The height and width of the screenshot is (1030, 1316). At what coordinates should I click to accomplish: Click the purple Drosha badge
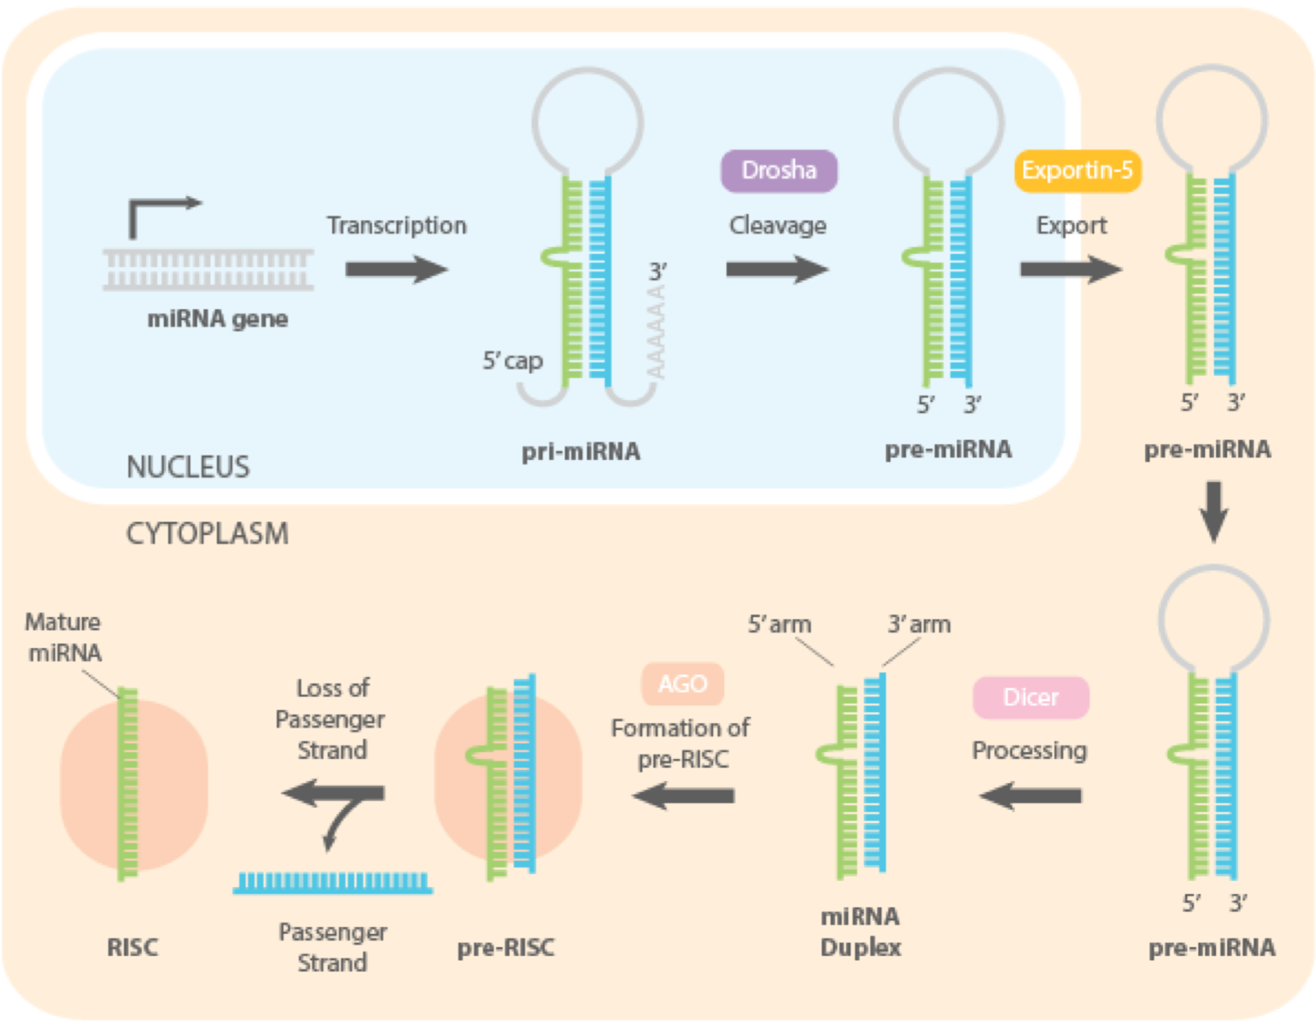point(778,171)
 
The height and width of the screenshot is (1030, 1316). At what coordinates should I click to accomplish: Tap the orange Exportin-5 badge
point(1077,171)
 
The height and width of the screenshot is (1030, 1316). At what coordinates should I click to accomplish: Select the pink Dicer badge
point(1030,697)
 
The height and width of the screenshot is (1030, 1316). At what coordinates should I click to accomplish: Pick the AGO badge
point(683,684)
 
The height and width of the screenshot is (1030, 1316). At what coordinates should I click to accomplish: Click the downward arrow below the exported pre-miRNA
point(1213,511)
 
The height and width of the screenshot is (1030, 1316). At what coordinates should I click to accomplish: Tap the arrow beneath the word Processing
point(1030,796)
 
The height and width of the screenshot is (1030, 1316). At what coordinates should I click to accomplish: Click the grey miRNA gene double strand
point(209,270)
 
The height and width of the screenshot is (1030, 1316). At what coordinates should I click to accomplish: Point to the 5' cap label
point(512,361)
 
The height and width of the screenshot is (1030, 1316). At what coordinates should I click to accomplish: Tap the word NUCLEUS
point(188,467)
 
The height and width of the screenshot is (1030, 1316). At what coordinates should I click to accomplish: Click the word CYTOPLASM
point(207,534)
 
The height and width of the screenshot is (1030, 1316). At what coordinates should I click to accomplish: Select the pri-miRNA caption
point(580,451)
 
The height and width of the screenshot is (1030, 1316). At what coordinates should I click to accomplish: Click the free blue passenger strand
point(333,883)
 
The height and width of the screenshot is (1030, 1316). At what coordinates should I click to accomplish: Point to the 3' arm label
point(918,625)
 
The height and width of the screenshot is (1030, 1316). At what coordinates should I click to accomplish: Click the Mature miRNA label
point(63,637)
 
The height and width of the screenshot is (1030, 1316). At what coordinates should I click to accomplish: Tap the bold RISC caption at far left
point(132,947)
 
